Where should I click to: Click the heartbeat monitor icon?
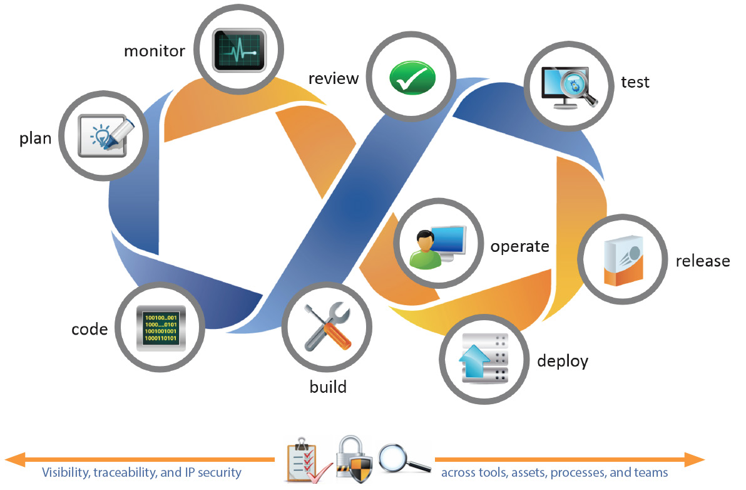tap(239, 50)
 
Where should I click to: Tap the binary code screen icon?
tap(161, 327)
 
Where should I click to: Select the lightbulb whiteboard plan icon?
tap(105, 135)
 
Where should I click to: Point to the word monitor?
tap(155, 51)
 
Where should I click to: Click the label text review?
tap(334, 78)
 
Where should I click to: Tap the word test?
tap(635, 82)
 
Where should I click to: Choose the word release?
tap(702, 261)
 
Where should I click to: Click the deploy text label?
tap(563, 362)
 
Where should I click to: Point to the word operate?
tap(519, 246)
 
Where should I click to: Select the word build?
tap(328, 387)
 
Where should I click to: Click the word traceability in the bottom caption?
tap(125, 472)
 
